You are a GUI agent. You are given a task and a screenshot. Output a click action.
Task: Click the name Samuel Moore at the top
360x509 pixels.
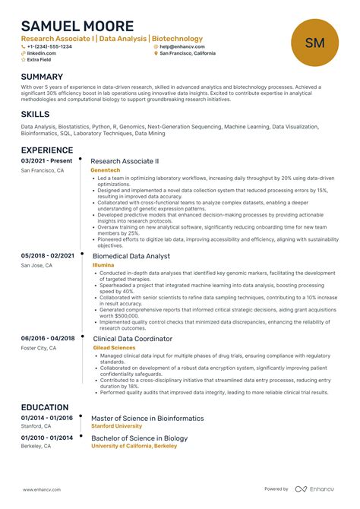pos(77,26)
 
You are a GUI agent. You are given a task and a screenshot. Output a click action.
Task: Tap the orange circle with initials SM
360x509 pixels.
pos(314,43)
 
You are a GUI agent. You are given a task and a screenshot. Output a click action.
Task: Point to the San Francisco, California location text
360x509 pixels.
pos(188,54)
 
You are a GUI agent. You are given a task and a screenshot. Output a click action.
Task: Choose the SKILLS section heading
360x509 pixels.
pos(36,114)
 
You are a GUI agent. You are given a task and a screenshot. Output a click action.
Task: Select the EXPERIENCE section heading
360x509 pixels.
pos(46,150)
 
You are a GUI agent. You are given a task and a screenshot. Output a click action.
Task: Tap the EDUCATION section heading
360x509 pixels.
pos(45,407)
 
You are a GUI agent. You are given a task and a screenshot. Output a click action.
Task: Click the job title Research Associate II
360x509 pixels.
pos(125,162)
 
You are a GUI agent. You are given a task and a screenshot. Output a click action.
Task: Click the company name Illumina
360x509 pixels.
pos(103,266)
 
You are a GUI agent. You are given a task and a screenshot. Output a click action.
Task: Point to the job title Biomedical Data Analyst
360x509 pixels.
pos(131,257)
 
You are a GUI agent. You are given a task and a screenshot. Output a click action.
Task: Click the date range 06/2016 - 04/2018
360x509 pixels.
pos(48,338)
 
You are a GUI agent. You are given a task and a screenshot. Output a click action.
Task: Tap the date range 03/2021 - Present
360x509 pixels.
pos(46,161)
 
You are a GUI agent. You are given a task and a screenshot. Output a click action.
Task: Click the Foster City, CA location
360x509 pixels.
pos(39,348)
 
